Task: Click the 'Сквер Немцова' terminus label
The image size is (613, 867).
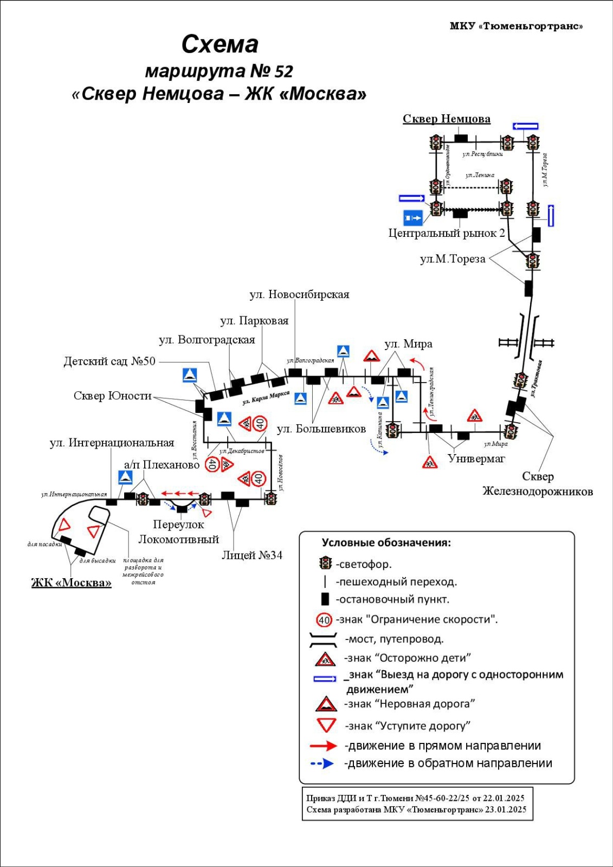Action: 446,119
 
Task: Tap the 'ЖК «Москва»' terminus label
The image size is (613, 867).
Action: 71,583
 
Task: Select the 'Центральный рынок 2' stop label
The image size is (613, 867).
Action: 447,234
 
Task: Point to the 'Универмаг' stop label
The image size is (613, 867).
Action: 476,459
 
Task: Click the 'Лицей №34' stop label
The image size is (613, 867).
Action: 252,555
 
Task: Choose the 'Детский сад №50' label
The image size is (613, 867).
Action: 109,361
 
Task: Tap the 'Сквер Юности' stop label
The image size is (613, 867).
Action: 113,396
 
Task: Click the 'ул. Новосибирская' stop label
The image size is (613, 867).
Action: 299,295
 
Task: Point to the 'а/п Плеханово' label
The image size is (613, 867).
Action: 162,465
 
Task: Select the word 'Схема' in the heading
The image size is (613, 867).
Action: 220,44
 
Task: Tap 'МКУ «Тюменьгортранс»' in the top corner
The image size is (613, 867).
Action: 516,26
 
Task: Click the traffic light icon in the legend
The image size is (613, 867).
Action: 325,564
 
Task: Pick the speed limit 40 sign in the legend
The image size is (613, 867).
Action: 324,620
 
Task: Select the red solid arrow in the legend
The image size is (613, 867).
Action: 323,746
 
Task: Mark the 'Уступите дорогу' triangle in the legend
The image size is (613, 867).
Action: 327,725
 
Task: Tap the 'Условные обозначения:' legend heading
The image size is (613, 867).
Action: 386,543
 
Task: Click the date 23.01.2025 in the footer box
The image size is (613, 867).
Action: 506,810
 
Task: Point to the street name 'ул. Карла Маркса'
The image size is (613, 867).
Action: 266,397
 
